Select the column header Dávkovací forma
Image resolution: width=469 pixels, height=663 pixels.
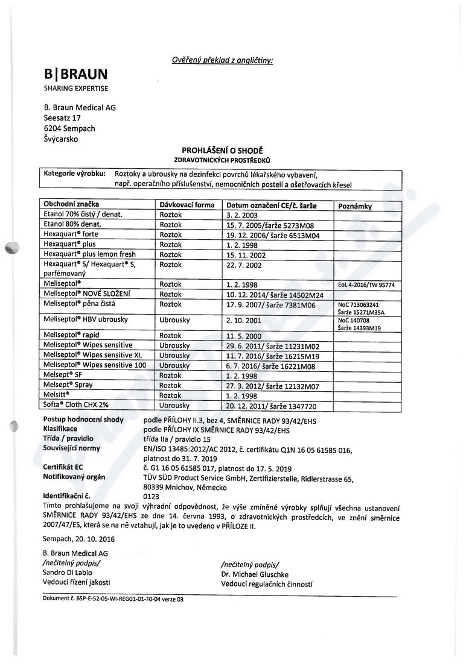pyautogui.click(x=187, y=205)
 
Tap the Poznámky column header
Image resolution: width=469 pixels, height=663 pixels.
pyautogui.click(x=355, y=206)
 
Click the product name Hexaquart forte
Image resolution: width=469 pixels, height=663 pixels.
pyautogui.click(x=70, y=234)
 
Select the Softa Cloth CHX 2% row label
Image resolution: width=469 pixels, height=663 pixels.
pyautogui.click(x=77, y=406)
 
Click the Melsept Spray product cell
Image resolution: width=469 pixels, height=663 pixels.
pyautogui.click(x=68, y=385)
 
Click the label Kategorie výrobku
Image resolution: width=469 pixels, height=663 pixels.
pyautogui.click(x=75, y=174)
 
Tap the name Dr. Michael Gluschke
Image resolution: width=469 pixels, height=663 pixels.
pyautogui.click(x=255, y=575)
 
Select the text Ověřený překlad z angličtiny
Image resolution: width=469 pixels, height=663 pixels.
pyautogui.click(x=222, y=60)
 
